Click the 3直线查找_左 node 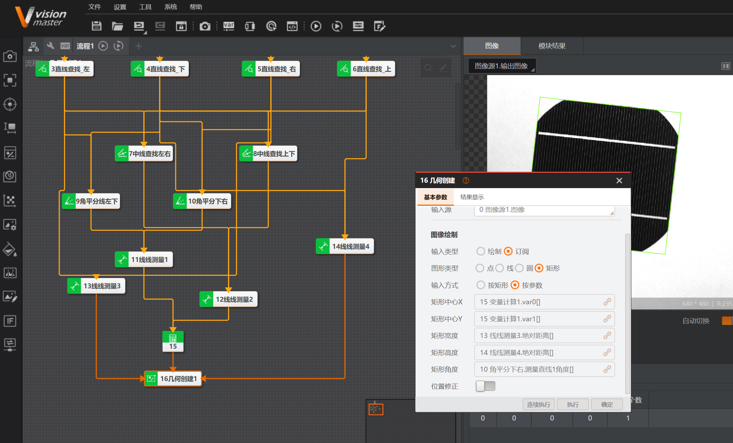(x=65, y=69)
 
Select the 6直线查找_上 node (x=366, y=69)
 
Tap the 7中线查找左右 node (x=144, y=154)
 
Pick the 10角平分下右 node (x=202, y=201)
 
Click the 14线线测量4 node (x=345, y=247)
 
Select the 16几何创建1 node (x=173, y=379)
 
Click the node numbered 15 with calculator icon (x=173, y=341)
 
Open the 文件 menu (x=95, y=7)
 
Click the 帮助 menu (x=196, y=7)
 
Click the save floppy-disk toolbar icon (x=97, y=26)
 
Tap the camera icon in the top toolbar (x=205, y=26)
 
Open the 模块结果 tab (x=552, y=46)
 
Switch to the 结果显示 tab (x=472, y=197)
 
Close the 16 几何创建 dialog (x=619, y=181)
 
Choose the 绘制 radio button (x=481, y=251)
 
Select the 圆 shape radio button (x=519, y=268)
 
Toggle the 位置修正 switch (x=485, y=386)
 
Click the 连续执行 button (x=539, y=404)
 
